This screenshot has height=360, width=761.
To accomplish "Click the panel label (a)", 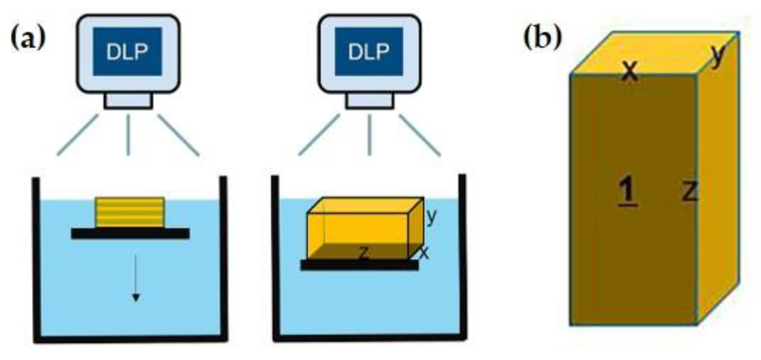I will (28, 38).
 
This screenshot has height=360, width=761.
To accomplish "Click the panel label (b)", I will (542, 38).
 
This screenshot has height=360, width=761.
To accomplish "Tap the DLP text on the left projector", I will (127, 52).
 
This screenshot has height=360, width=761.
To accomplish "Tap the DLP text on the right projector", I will (369, 52).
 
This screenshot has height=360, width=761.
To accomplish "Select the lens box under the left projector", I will (128, 101).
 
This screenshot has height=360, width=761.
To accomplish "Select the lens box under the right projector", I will (370, 101).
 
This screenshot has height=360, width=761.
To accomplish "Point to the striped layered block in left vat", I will (130, 212).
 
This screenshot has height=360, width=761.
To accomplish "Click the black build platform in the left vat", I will (130, 234).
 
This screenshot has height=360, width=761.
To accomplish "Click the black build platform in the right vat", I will (359, 265).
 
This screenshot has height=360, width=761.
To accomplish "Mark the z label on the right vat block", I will (364, 253).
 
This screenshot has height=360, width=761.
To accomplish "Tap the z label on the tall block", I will (690, 191).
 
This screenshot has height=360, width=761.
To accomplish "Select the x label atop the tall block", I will (630, 70).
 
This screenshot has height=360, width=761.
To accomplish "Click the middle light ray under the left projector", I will (128, 135).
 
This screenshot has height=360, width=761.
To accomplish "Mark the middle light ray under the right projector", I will (369, 135).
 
